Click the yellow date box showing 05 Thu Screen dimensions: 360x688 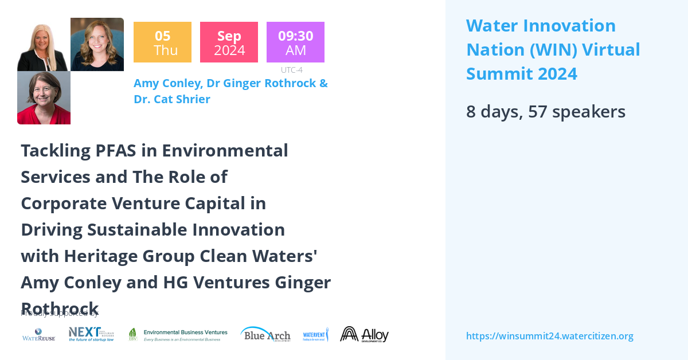point(162,42)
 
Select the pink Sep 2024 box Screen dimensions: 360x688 point(229,42)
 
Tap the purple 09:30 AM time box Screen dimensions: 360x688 point(295,42)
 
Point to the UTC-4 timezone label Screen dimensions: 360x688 point(291,70)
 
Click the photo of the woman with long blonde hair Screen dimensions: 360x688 point(44,45)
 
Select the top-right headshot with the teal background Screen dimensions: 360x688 point(97,45)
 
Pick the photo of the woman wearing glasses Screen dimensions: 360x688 point(44,97)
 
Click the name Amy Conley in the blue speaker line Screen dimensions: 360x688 point(167,83)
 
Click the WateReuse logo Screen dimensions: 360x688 point(39,335)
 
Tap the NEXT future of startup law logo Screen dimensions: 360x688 point(91,334)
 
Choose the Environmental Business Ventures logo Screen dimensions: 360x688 point(178,335)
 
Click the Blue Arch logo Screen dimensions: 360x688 point(265,334)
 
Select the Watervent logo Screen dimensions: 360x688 point(315,334)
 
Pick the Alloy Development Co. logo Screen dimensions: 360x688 point(364,334)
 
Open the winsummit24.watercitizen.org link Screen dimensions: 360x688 point(549,336)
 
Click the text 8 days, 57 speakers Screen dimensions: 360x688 point(545,112)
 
